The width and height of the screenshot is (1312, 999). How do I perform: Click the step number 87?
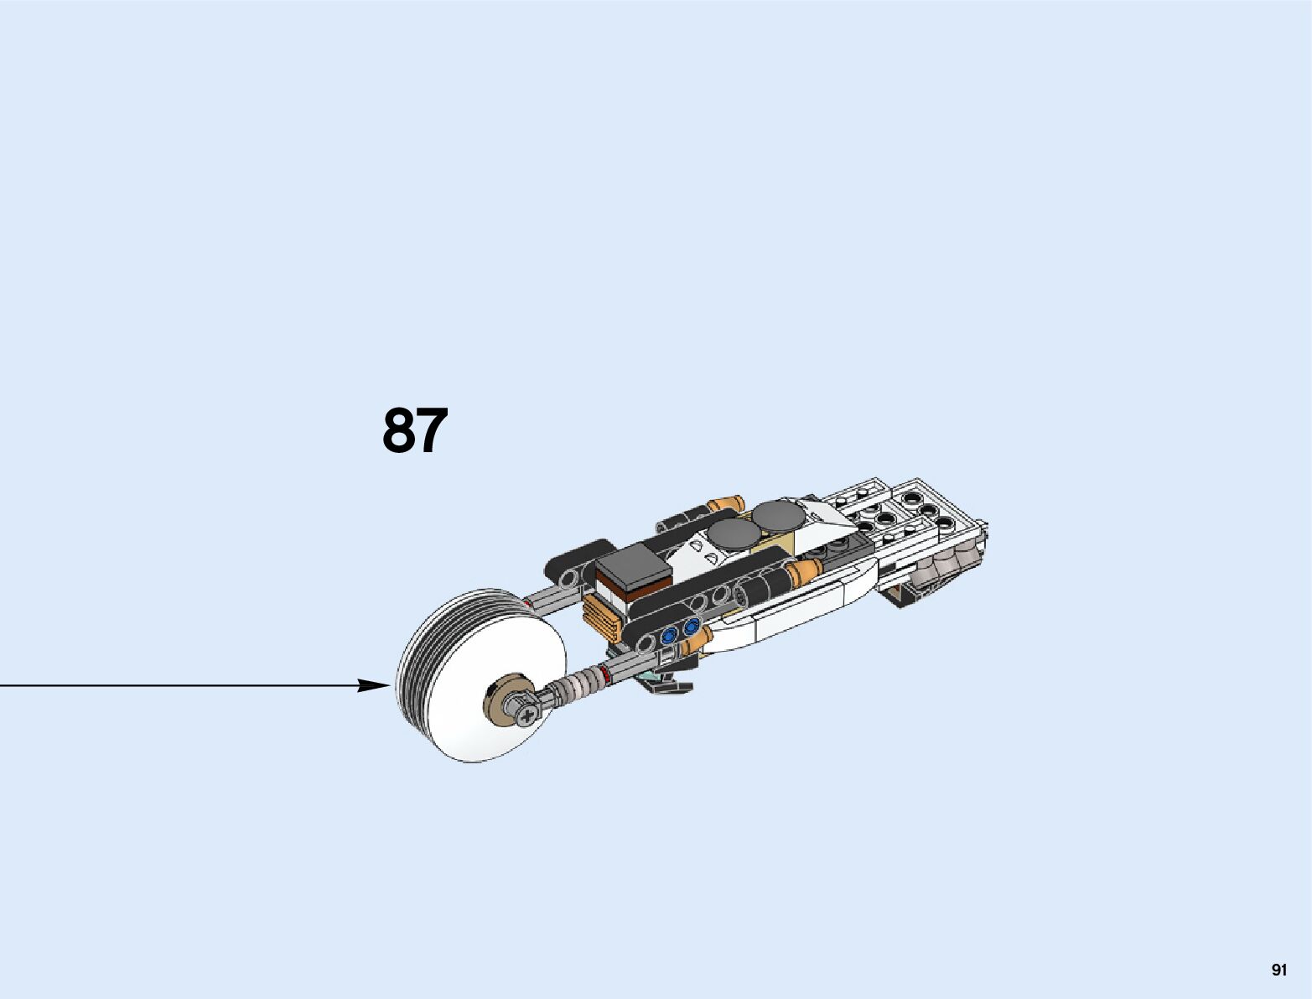click(415, 431)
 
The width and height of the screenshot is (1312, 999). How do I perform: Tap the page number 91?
click(1278, 970)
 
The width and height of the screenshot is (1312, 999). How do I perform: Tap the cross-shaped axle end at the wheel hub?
click(527, 715)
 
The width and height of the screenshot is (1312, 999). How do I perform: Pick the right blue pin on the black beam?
click(691, 627)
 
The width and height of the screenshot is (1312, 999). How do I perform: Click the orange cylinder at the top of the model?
click(725, 504)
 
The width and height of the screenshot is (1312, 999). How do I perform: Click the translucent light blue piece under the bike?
click(650, 674)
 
